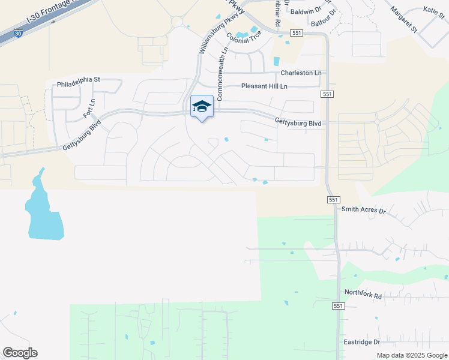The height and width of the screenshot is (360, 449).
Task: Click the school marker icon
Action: [202, 107]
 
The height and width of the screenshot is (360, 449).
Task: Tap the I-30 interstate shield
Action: [19, 34]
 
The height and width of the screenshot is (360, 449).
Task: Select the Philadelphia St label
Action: [79, 79]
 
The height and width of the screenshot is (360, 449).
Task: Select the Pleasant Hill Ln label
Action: [264, 86]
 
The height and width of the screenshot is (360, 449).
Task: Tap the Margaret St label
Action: [403, 17]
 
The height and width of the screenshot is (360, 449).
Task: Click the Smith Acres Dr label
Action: [363, 210]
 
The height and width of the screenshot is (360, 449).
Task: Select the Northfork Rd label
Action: [363, 295]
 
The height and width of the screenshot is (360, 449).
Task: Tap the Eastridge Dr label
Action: [362, 342]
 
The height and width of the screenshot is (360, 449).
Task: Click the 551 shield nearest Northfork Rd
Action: [339, 306]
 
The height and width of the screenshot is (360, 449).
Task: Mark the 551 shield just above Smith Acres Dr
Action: [334, 199]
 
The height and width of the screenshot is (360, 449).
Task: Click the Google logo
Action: [20, 353]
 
